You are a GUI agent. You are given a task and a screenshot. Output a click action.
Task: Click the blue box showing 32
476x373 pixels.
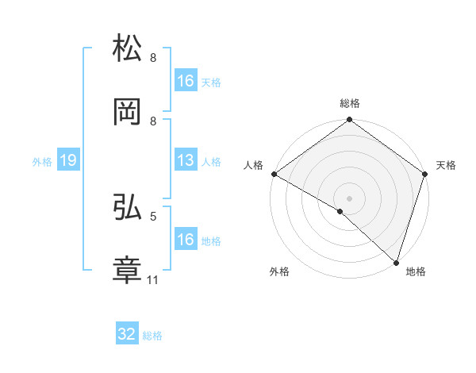[x=127, y=334]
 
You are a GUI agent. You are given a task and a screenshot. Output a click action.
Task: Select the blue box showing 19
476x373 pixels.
[x=67, y=160]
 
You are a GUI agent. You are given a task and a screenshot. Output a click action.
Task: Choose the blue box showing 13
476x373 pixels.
[x=186, y=160]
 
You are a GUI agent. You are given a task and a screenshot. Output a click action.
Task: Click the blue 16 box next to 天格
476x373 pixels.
[x=186, y=81]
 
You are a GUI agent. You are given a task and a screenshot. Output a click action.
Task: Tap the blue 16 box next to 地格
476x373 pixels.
[x=186, y=240]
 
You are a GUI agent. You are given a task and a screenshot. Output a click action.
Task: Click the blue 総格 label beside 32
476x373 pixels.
[x=152, y=336]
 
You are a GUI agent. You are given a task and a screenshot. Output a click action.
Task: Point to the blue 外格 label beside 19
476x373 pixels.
[x=42, y=161]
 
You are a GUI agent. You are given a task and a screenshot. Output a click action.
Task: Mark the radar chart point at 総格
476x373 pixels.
[x=349, y=121]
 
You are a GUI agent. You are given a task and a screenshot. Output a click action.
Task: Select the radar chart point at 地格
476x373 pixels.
[x=396, y=262]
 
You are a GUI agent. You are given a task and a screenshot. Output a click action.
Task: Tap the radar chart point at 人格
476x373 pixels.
[x=274, y=174]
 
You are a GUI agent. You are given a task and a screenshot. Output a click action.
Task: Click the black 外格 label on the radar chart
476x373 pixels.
[x=279, y=271]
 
